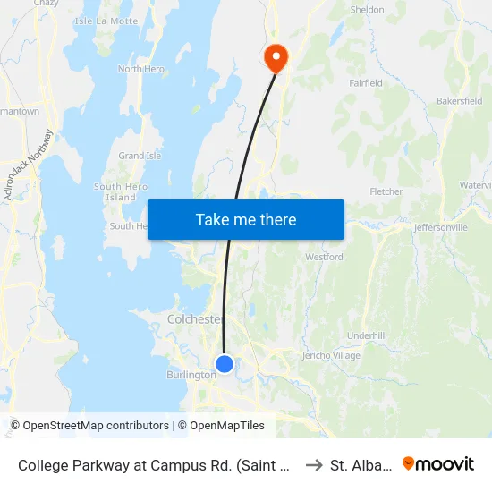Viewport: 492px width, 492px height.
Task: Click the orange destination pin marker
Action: click(x=275, y=58)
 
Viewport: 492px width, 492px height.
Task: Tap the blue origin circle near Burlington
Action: click(x=225, y=364)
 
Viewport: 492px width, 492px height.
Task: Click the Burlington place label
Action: click(x=191, y=375)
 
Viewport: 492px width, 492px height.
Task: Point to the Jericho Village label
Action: click(x=331, y=356)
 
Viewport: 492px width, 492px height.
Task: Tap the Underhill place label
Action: click(x=365, y=335)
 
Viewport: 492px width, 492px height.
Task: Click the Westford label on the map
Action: click(x=324, y=257)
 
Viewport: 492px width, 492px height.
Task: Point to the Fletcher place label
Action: click(x=386, y=191)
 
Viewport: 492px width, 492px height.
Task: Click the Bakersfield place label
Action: click(x=459, y=102)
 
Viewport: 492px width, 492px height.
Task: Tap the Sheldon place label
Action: click(x=367, y=10)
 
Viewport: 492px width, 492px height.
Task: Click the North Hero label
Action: click(x=142, y=69)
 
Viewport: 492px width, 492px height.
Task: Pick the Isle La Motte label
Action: click(x=106, y=21)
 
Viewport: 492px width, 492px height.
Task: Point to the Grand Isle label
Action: click(x=140, y=156)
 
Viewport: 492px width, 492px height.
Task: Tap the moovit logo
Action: click(x=438, y=464)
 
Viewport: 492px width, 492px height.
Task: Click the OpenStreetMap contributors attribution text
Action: click(x=89, y=426)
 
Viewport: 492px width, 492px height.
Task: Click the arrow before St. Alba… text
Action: click(x=313, y=465)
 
